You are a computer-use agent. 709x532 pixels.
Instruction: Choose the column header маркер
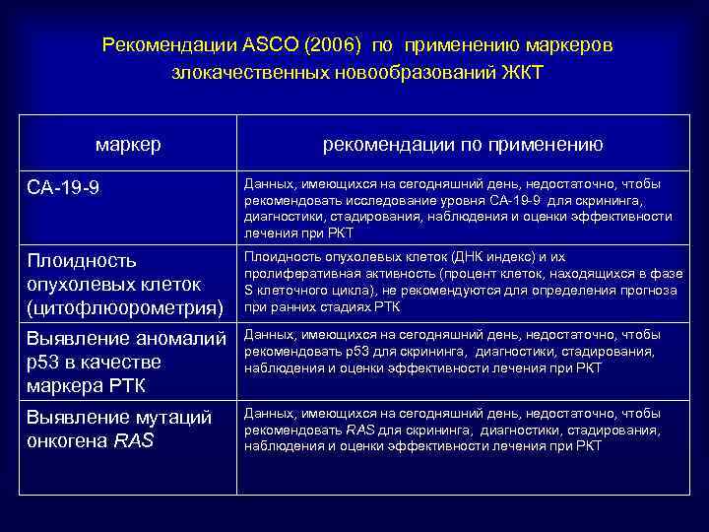click(x=128, y=145)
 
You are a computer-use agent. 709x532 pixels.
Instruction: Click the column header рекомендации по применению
click(x=463, y=145)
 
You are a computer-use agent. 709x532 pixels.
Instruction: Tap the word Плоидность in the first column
click(x=80, y=261)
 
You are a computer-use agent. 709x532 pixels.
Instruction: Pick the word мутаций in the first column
click(x=172, y=417)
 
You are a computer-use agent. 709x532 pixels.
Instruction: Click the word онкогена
click(x=67, y=440)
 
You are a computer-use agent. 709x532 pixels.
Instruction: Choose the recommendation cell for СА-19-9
click(x=458, y=208)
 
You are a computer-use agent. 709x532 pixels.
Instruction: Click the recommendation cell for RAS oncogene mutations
click(x=458, y=430)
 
